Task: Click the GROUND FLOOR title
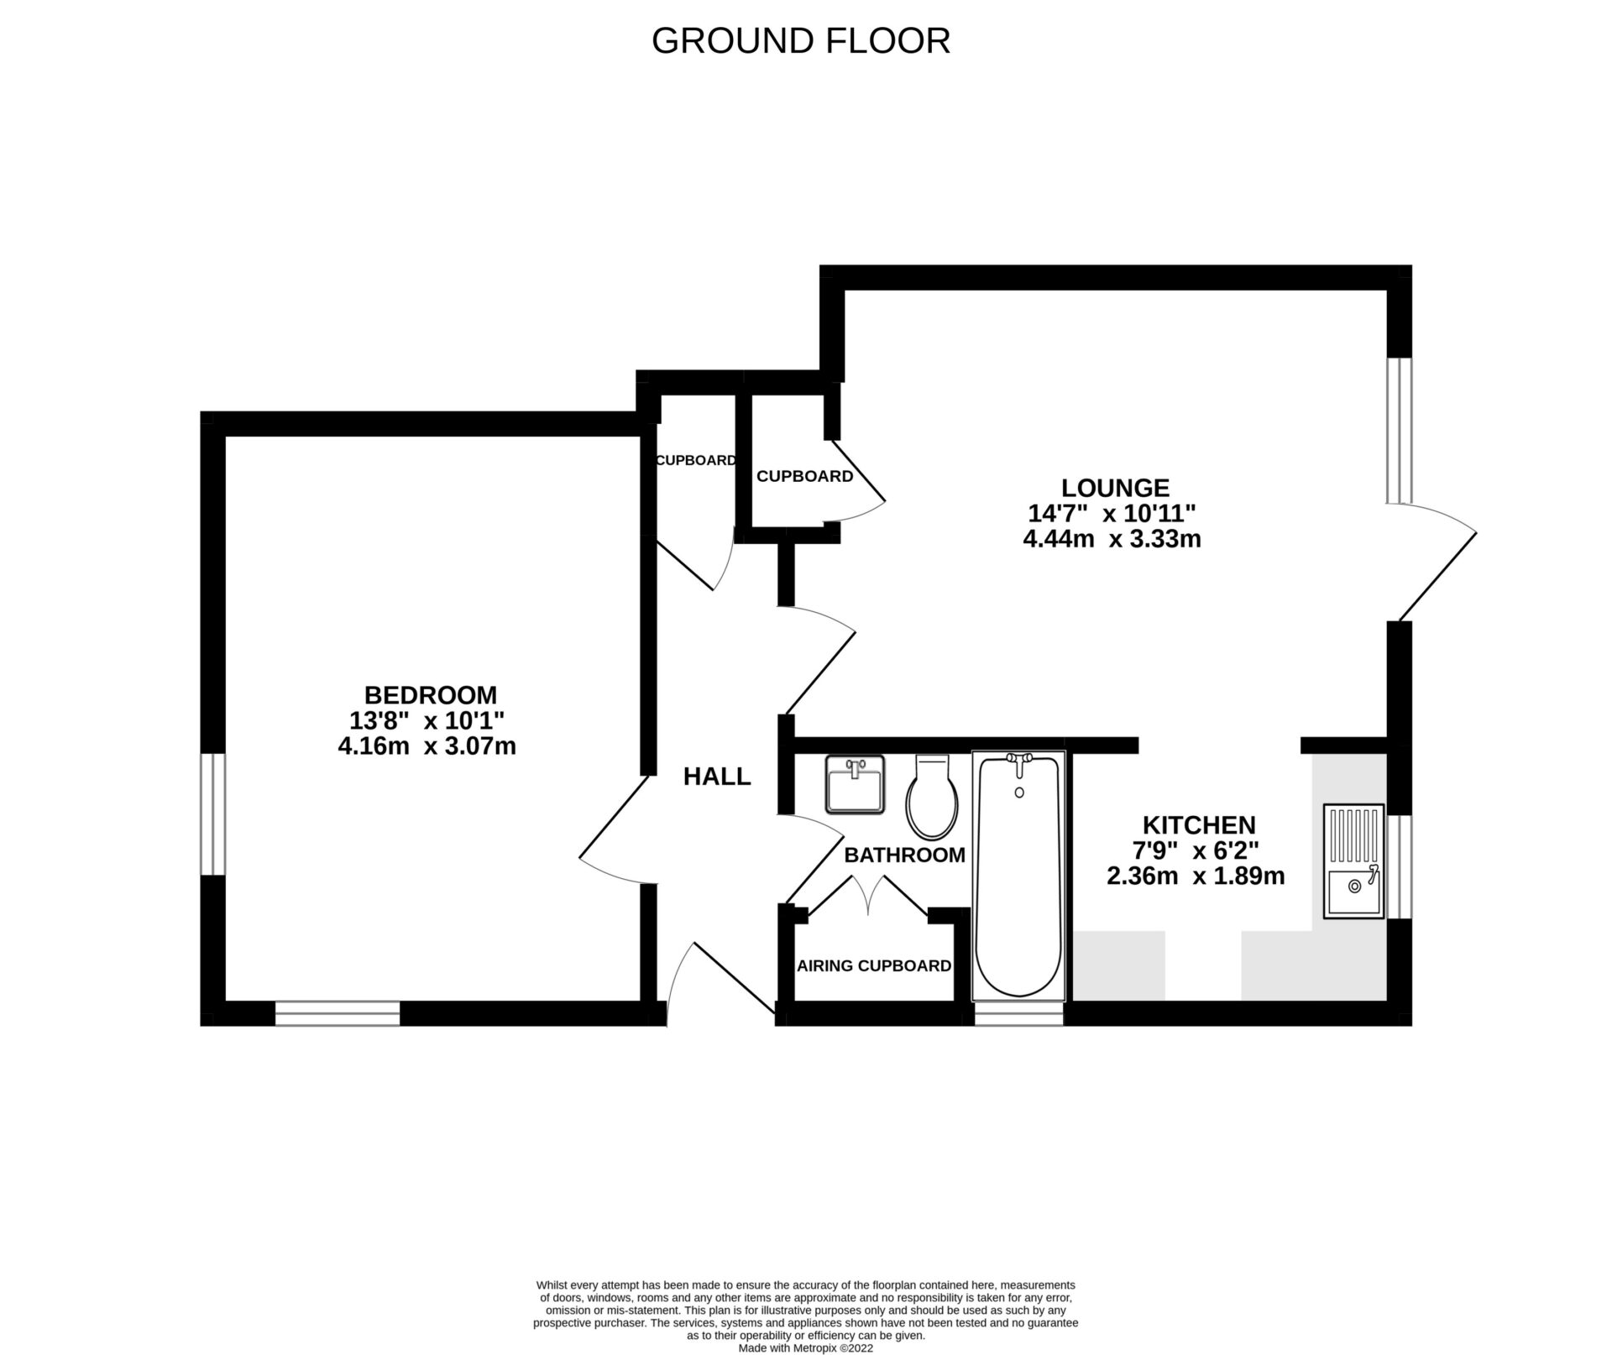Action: [800, 41]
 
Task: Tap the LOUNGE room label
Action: [1115, 488]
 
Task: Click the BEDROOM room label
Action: [430, 695]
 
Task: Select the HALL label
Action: [716, 777]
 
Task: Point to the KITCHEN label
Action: [1199, 824]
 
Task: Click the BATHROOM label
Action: [904, 855]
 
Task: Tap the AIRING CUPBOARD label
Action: [873, 965]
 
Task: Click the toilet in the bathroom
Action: [932, 798]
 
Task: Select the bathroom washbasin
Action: [855, 784]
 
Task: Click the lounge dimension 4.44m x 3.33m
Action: [1112, 539]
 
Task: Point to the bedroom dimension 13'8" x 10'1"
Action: [427, 720]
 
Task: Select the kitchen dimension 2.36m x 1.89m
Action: [1196, 876]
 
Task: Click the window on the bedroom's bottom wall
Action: [338, 1013]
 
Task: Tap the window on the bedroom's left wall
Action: [212, 814]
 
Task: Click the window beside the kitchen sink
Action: [1399, 866]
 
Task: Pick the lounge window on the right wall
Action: [1399, 430]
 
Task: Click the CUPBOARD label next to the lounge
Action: [804, 476]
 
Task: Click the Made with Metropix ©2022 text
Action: [806, 1348]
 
